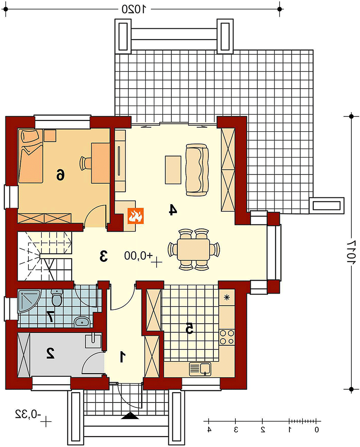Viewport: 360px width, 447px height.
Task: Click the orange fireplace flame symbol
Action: (x=135, y=215)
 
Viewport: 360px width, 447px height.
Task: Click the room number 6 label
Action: (x=60, y=174)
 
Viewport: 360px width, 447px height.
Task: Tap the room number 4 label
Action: (x=173, y=210)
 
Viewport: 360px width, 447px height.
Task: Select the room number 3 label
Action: (x=103, y=256)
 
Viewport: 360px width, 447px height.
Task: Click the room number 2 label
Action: (x=50, y=353)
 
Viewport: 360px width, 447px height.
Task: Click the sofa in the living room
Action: (x=197, y=170)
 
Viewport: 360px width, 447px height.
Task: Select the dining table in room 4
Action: (x=193, y=249)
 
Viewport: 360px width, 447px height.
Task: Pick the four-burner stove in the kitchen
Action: (x=227, y=337)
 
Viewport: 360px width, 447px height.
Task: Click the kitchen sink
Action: (x=200, y=369)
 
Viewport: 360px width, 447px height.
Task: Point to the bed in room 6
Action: (x=31, y=156)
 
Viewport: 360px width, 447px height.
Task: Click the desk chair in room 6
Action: (x=85, y=163)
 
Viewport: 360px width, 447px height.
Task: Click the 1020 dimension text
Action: (x=134, y=9)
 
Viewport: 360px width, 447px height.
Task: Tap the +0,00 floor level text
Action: (x=139, y=255)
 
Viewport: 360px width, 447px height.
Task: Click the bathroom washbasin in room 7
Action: (x=82, y=322)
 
